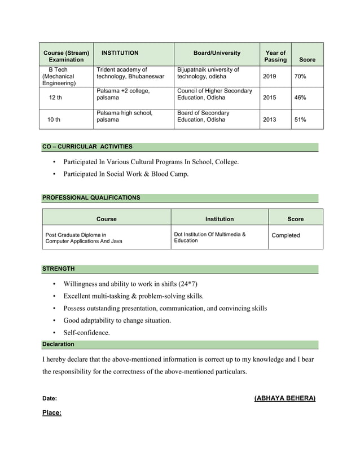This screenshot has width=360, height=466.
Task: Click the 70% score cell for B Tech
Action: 300,76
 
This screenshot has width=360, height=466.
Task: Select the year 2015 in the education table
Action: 270,98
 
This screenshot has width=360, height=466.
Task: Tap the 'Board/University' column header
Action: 217,53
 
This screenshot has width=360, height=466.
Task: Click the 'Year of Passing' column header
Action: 275,56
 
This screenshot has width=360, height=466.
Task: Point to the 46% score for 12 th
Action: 300,98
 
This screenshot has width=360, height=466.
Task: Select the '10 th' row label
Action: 54,120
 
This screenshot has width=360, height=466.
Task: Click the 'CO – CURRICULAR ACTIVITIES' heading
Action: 87,147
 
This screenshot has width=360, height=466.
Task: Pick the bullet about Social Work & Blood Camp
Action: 126,174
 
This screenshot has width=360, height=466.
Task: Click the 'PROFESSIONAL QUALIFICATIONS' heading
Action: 91,197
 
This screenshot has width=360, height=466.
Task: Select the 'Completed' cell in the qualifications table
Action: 286,235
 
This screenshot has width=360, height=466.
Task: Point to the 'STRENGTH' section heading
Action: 59,269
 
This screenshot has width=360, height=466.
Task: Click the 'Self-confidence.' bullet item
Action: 86,333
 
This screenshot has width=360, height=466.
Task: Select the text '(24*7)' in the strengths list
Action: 187,284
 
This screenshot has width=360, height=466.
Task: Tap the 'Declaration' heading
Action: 58,344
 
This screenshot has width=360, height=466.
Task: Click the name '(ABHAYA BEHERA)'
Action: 285,398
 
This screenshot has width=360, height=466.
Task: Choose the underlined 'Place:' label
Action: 52,413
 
